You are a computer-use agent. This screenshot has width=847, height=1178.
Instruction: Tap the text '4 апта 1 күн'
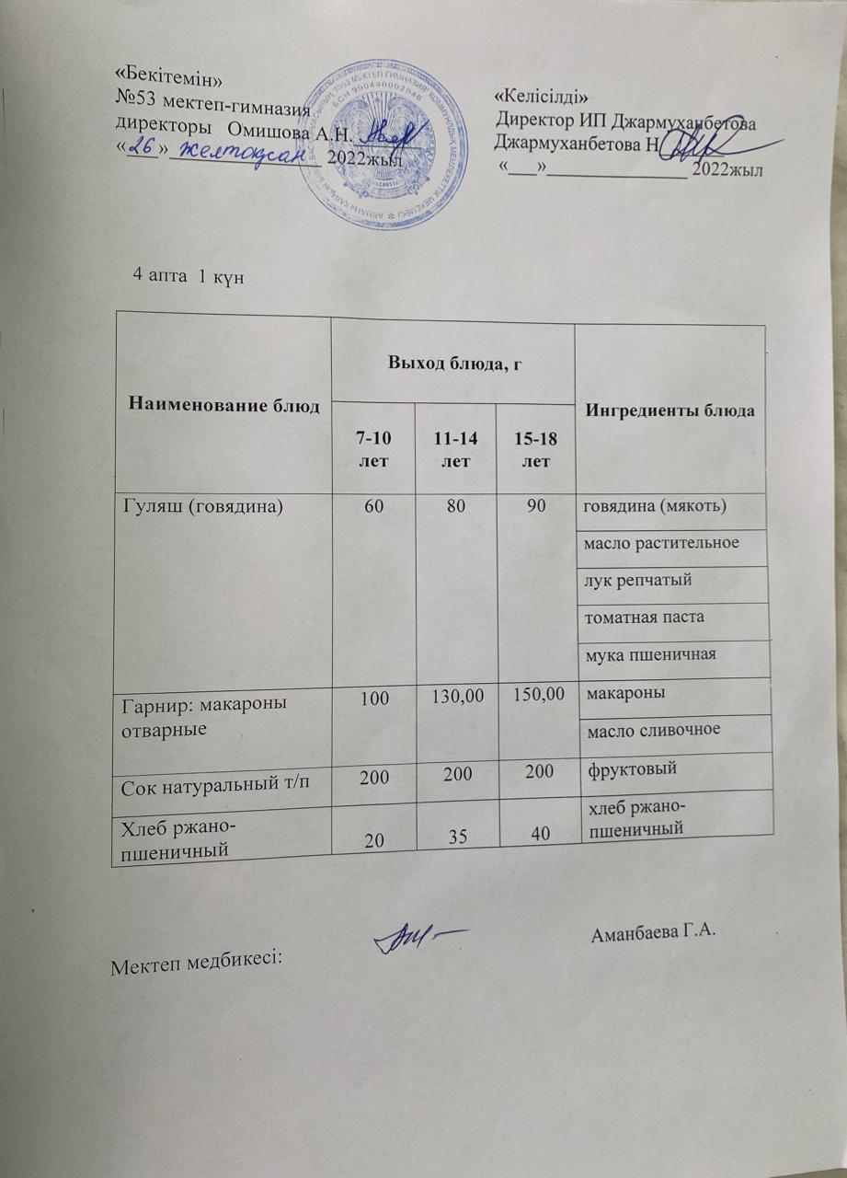click(x=188, y=276)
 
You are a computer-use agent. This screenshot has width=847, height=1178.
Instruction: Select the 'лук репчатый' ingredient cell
click(x=637, y=580)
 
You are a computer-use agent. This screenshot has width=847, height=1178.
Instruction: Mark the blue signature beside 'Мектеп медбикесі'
click(x=418, y=938)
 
